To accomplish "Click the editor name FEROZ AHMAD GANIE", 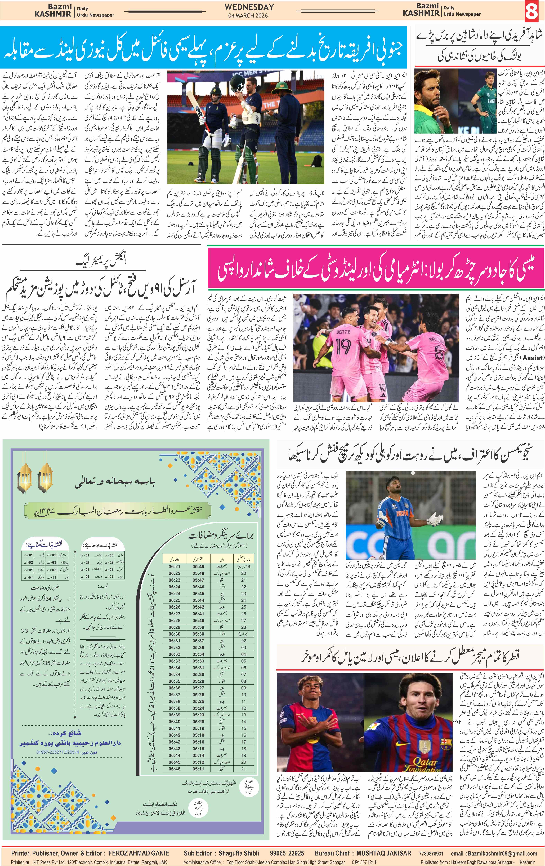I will pos(138,853).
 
